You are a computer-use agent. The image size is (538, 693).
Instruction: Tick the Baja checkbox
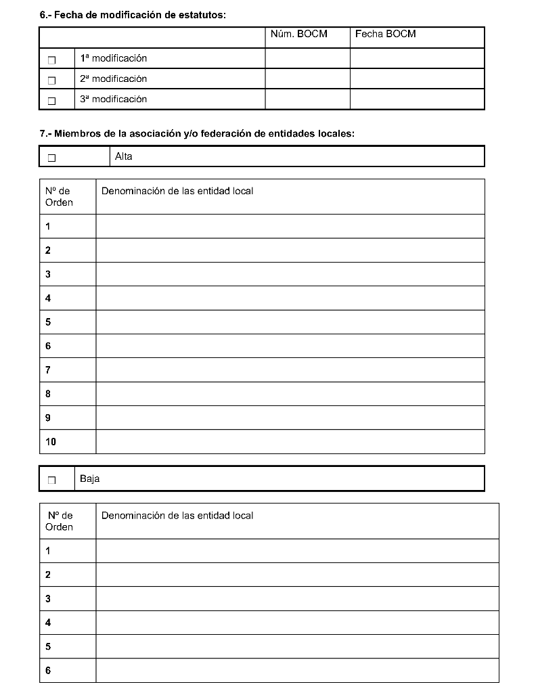tap(51, 480)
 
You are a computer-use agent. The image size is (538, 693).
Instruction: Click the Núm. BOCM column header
tap(298, 34)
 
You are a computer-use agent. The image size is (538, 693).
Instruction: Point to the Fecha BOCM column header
tap(385, 34)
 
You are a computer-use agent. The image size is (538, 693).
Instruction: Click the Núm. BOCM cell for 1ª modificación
tap(307, 58)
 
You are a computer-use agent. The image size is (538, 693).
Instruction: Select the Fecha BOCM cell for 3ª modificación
tap(417, 99)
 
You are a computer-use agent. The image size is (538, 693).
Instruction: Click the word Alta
tap(124, 157)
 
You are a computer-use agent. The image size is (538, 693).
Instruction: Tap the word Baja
tap(89, 479)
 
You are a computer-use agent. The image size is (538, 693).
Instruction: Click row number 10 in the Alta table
tap(51, 442)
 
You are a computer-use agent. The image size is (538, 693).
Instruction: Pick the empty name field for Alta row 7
tap(290, 370)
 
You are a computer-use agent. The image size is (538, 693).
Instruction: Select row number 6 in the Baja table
tap(48, 671)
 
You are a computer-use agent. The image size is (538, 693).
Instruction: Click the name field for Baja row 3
tap(297, 599)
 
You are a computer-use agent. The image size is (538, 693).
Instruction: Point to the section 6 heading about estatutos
tap(133, 14)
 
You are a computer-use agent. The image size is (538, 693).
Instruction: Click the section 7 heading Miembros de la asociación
tap(197, 134)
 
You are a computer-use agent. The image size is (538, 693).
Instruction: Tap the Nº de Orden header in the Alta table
tap(59, 197)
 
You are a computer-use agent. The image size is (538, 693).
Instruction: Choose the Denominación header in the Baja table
tap(177, 516)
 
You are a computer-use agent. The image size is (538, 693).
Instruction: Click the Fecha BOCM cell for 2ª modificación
tap(417, 79)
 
